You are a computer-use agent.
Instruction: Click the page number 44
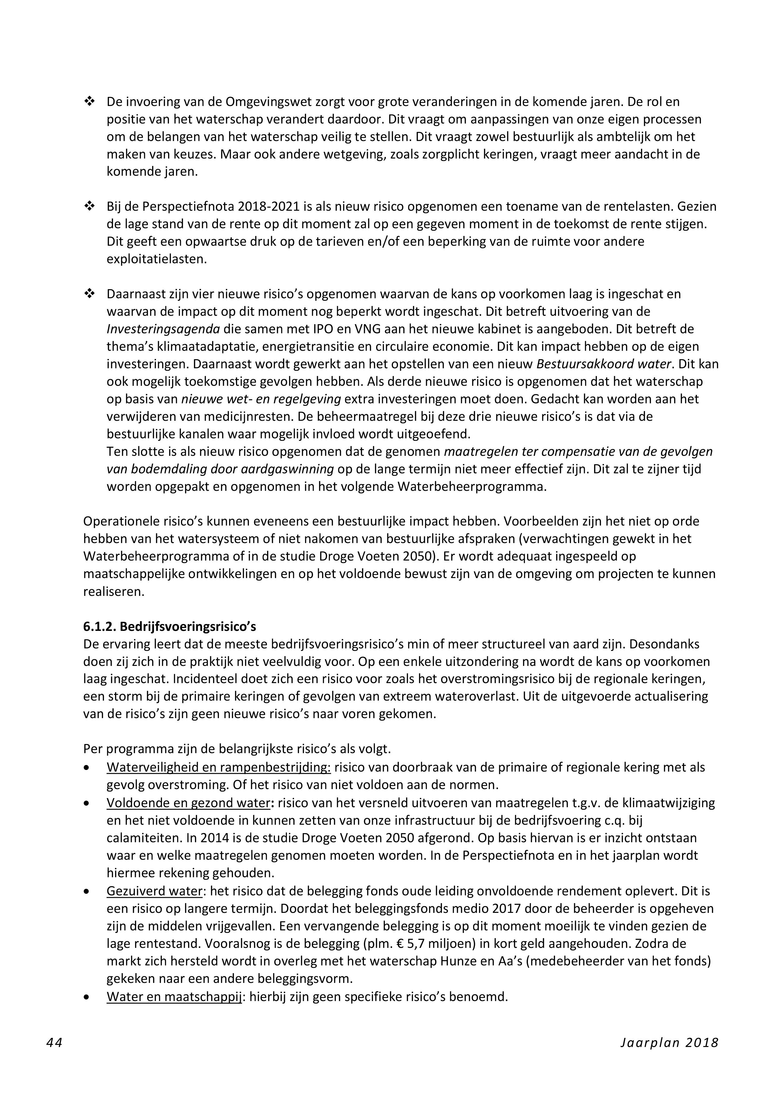click(x=54, y=1042)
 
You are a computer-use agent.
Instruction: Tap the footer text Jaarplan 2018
click(x=669, y=1042)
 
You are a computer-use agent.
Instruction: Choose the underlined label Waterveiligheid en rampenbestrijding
click(x=219, y=767)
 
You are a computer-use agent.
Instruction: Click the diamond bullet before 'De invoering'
click(x=89, y=102)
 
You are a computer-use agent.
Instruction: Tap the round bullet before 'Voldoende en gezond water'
click(x=87, y=803)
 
